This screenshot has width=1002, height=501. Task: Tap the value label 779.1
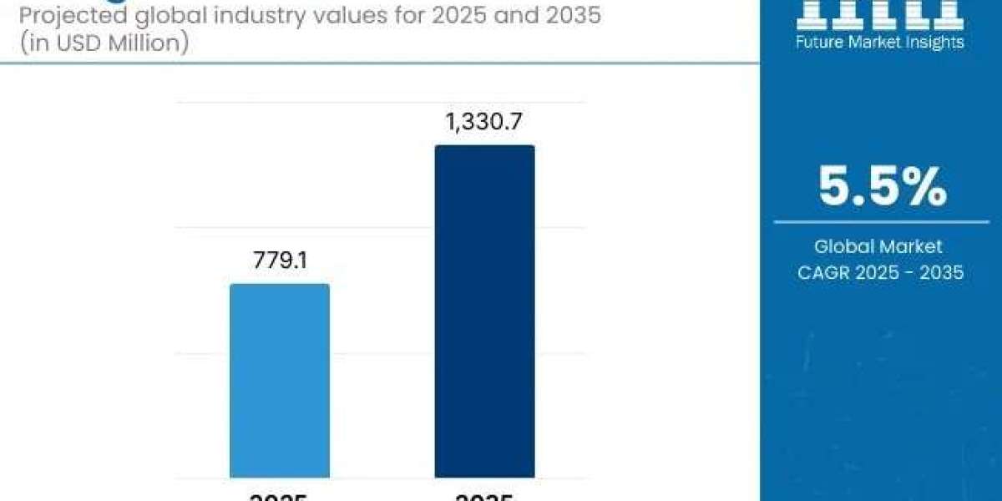(280, 261)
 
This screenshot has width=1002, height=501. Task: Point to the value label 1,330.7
(484, 123)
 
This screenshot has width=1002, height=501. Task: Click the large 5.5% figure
(882, 187)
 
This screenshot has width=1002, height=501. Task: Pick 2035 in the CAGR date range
(941, 271)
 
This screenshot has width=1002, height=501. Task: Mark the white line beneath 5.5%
(882, 222)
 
